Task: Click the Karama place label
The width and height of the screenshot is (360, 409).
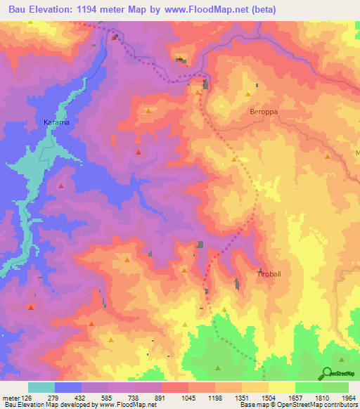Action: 57,122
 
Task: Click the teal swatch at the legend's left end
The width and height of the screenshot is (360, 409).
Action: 41,387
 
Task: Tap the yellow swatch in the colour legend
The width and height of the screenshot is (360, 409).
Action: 282,387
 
